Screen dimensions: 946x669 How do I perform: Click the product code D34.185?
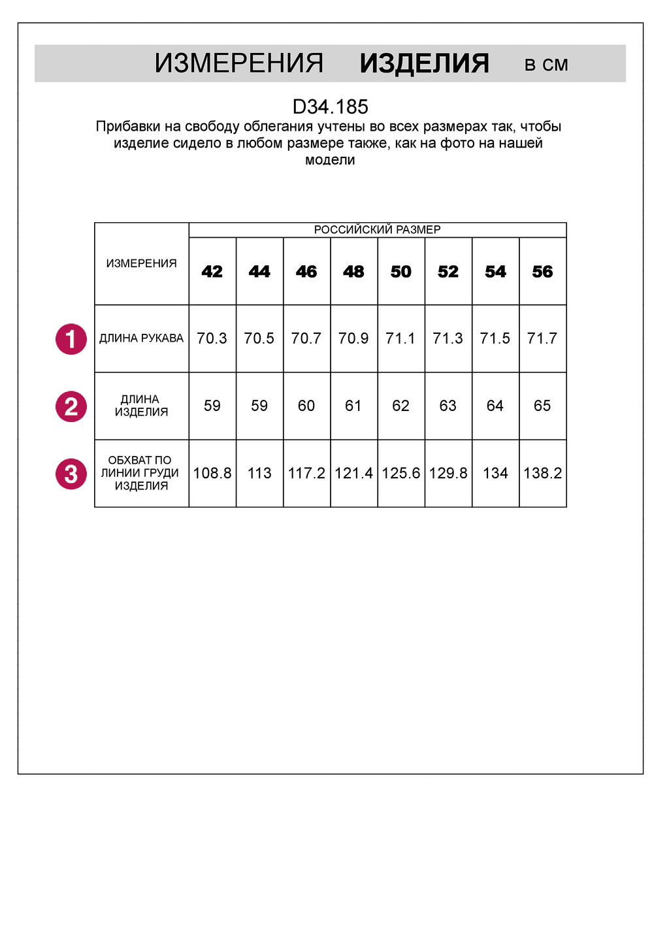pyautogui.click(x=330, y=106)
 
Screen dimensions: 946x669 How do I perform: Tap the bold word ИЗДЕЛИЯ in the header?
pyautogui.click(x=424, y=63)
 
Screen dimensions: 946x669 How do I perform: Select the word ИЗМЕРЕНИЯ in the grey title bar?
pyautogui.click(x=239, y=63)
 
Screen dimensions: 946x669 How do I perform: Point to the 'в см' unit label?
pyautogui.click(x=546, y=65)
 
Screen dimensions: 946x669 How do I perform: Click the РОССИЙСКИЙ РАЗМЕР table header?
pyautogui.click(x=377, y=229)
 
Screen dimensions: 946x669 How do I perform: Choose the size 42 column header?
pyautogui.click(x=212, y=272)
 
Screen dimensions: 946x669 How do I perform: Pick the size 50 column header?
pyautogui.click(x=401, y=272)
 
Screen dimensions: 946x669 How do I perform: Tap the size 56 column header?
pyautogui.click(x=542, y=272)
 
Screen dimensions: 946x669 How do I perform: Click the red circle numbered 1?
pyautogui.click(x=71, y=339)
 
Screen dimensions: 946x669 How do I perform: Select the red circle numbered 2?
pyautogui.click(x=71, y=406)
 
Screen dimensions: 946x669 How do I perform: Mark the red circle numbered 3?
pyautogui.click(x=71, y=474)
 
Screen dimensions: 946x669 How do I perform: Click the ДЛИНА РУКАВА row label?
pyautogui.click(x=141, y=338)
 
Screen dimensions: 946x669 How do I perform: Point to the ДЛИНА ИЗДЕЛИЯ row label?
pyautogui.click(x=141, y=406)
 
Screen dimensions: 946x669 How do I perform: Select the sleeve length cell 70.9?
pyautogui.click(x=353, y=338)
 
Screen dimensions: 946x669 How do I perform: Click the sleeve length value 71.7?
pyautogui.click(x=542, y=338)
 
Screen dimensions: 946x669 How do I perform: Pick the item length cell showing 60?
pyautogui.click(x=306, y=406)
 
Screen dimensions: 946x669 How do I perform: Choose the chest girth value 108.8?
pyautogui.click(x=212, y=473)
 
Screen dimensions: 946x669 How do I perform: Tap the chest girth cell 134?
pyautogui.click(x=495, y=473)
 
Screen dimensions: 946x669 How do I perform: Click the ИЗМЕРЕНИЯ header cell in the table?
pyautogui.click(x=141, y=263)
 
